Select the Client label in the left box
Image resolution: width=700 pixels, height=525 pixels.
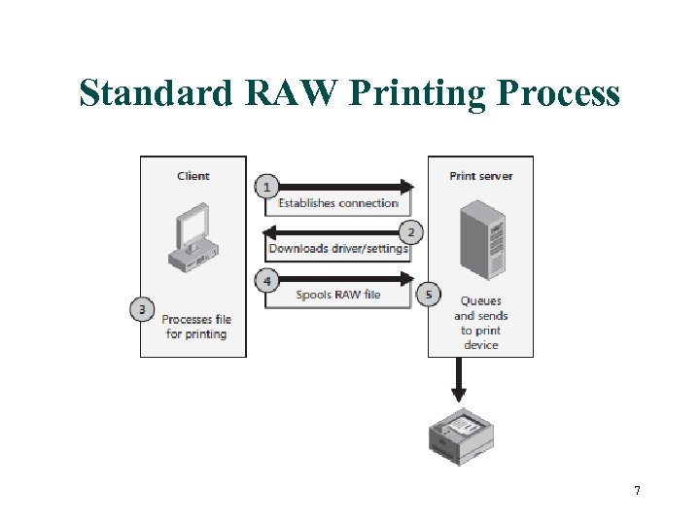tap(193, 176)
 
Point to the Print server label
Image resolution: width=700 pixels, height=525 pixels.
tap(480, 176)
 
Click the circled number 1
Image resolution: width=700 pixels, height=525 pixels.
tap(266, 186)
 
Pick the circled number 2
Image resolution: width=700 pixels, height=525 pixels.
tap(410, 231)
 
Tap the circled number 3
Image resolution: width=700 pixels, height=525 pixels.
tap(142, 310)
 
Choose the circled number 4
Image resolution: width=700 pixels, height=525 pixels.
tap(266, 281)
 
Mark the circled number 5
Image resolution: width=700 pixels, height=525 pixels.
tap(428, 294)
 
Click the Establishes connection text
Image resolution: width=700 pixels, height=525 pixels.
tap(338, 203)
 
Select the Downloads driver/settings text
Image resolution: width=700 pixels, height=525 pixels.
tap(338, 248)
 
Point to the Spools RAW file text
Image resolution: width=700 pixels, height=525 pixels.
tap(338, 295)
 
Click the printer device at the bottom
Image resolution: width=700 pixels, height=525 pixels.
tap(462, 435)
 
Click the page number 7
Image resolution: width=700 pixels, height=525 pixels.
tap(637, 491)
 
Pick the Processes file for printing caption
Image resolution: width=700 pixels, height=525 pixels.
tap(195, 327)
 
